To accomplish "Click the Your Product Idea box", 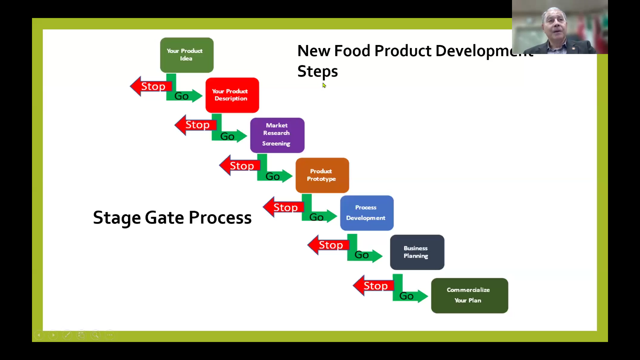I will point(187,55).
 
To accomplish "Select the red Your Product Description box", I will point(232,95).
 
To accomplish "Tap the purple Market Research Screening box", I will point(277,135).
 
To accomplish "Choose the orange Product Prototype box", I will point(322,175).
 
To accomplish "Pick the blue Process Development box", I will point(367,213).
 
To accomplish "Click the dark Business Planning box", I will point(417,252).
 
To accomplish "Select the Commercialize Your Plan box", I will point(469,295).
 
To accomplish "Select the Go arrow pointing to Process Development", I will point(320,217).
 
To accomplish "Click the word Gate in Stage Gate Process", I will point(164,218).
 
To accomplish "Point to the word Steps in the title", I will point(317,71).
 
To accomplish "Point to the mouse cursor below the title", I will point(324,85).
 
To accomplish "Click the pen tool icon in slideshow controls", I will point(67,335).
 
